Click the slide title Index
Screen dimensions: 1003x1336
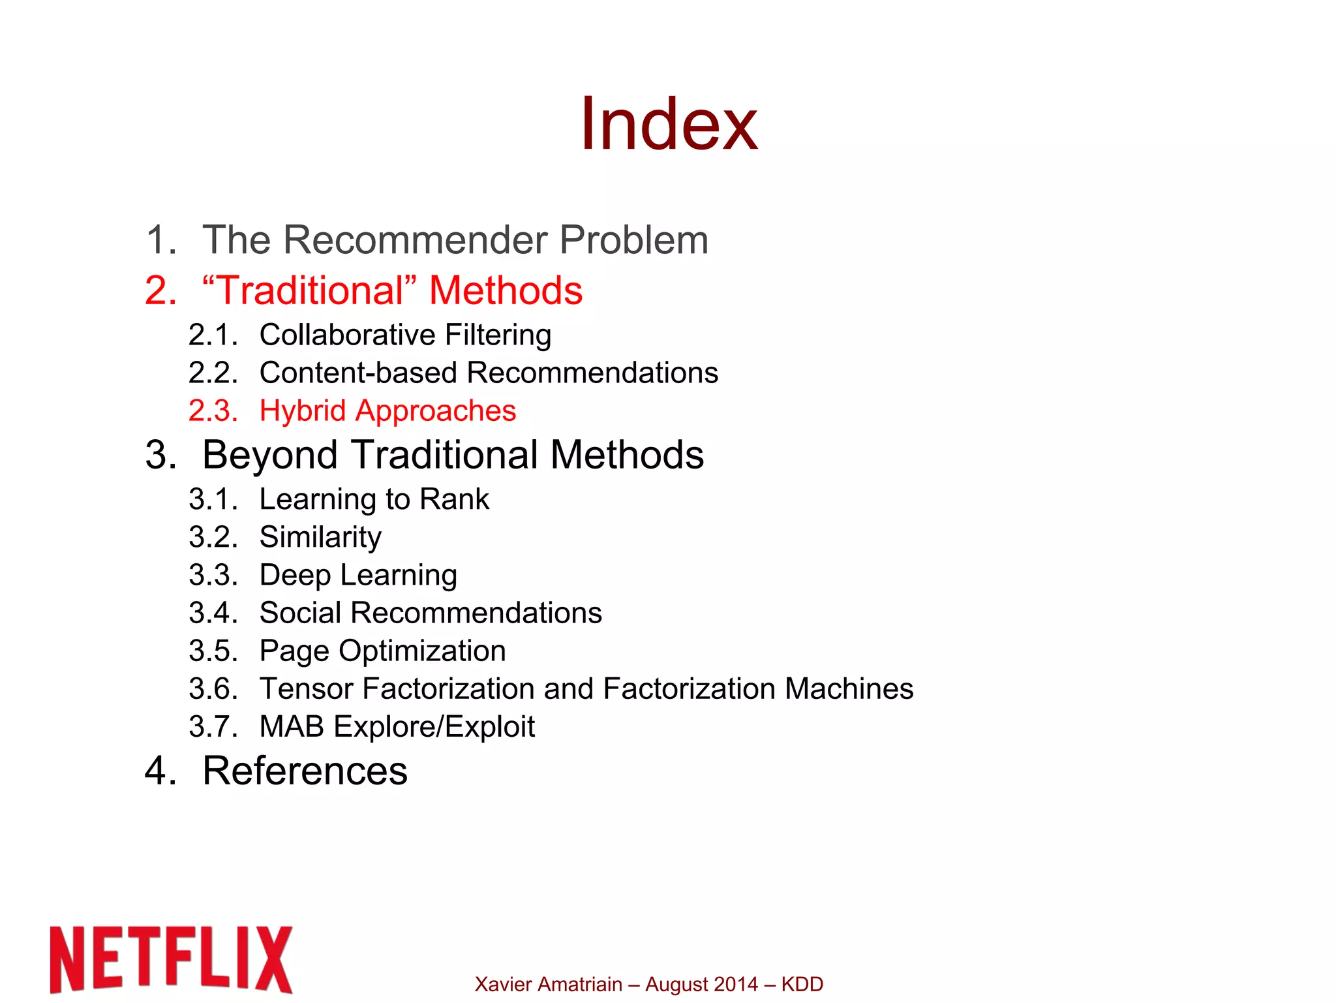(x=669, y=124)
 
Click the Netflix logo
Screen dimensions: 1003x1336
(x=171, y=959)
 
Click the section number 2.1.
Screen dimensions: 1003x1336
(x=213, y=335)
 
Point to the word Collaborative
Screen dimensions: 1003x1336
(x=347, y=335)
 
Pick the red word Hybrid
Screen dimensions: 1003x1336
(x=302, y=411)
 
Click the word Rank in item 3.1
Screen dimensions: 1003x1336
(x=454, y=499)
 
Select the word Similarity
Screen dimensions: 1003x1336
(x=320, y=538)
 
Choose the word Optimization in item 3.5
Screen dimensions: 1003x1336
(x=422, y=651)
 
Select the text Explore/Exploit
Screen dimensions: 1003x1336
(x=434, y=727)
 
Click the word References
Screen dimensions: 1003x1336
(x=305, y=771)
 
